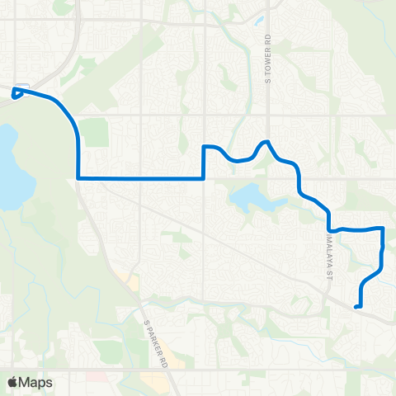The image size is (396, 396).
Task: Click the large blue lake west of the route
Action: coord(10,165)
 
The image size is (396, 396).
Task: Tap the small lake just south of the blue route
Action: coord(251,198)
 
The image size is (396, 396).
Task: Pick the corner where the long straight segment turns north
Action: coord(204,177)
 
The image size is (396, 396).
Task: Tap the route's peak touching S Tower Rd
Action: coord(266,142)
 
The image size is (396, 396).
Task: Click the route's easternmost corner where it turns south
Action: coord(384,228)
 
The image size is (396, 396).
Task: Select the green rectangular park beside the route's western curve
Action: coord(96,132)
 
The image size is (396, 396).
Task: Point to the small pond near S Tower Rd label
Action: coord(258,21)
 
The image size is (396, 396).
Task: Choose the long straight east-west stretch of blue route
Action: coord(140,177)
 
